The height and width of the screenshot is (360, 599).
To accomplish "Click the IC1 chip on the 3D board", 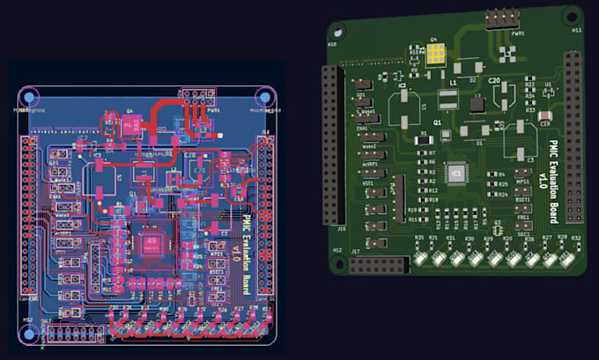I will (456, 175).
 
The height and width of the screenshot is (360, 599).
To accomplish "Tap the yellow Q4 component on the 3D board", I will (436, 56).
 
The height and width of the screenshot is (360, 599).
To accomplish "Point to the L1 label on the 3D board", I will (453, 81).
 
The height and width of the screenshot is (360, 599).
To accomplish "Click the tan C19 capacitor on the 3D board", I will (546, 115).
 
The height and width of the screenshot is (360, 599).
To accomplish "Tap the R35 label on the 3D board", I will (419, 239).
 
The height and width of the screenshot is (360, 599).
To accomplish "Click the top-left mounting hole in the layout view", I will (28, 96).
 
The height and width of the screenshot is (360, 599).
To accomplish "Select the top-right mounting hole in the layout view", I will (263, 96).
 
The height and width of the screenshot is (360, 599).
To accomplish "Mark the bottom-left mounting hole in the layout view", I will (28, 333).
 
